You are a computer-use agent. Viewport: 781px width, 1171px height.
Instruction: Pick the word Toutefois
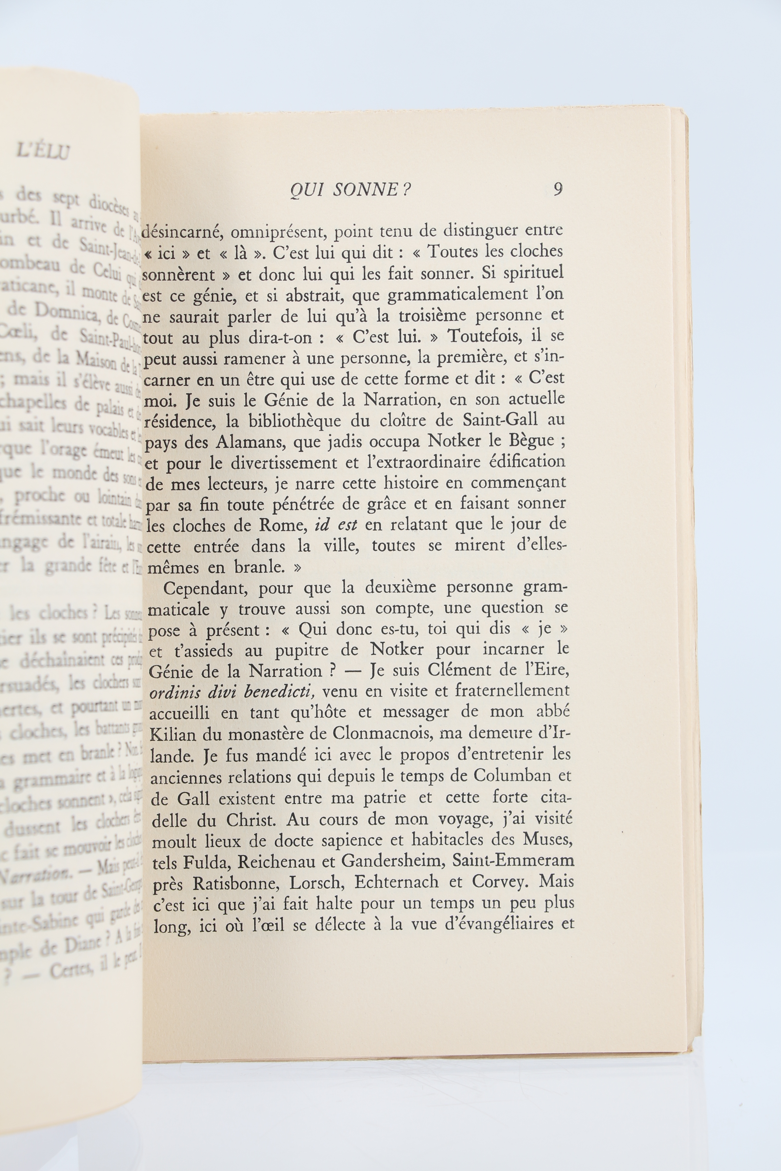coord(487,336)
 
